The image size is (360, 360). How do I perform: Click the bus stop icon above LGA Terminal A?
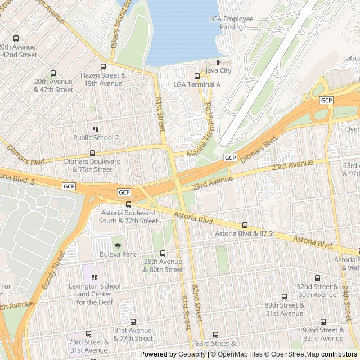(196, 76)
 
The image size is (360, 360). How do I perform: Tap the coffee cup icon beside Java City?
(218, 62)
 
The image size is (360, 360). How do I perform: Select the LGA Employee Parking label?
(231, 22)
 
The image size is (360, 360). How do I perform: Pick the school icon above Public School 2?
(96, 129)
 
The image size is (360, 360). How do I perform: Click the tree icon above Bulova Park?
(118, 246)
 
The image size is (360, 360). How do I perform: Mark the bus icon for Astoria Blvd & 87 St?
(244, 225)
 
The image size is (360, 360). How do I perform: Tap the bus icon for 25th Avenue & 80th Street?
(163, 253)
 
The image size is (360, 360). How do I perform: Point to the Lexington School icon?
(95, 277)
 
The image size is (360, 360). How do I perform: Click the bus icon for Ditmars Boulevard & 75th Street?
(92, 153)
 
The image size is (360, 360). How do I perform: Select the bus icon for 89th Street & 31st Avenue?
(284, 296)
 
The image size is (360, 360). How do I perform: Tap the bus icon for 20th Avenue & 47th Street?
(53, 73)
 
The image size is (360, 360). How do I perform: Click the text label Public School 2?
(96, 137)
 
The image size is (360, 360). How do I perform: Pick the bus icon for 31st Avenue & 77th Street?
(133, 322)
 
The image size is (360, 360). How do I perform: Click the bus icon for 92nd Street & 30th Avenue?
(317, 278)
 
